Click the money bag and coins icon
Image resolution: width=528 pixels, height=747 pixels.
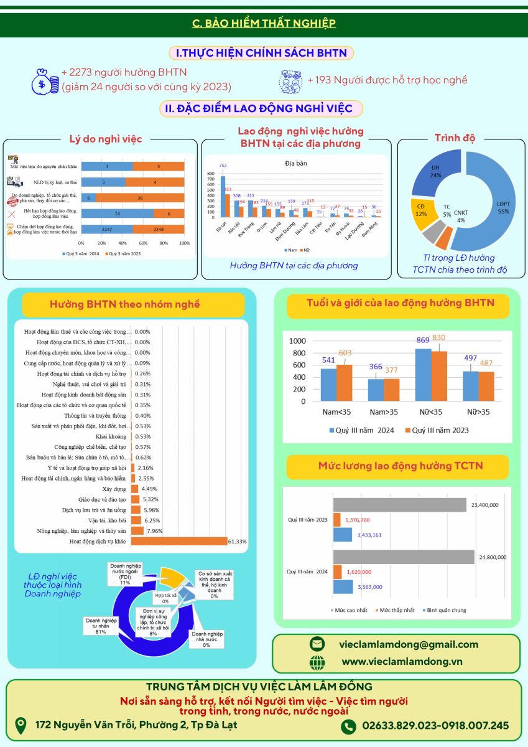[x=45, y=82]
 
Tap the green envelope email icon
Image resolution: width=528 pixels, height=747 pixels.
[x=317, y=644]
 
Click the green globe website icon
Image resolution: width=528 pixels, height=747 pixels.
[x=317, y=662]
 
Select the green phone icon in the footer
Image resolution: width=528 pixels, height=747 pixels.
[x=348, y=726]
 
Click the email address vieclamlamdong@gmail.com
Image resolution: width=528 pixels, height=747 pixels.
[x=409, y=644]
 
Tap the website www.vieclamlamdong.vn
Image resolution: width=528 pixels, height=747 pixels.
[x=402, y=662]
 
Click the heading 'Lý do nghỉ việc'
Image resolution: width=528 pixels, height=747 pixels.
[x=105, y=139]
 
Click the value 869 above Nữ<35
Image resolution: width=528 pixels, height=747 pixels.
[x=424, y=341]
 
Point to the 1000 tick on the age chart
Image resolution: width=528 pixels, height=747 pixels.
[x=297, y=341]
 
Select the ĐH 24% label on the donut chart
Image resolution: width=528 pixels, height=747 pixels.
[x=435, y=171]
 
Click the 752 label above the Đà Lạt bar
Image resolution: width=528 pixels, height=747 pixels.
[x=223, y=166]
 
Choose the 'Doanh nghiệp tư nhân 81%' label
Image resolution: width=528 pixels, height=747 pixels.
[x=101, y=626]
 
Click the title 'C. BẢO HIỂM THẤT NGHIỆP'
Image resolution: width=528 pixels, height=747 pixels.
[x=264, y=24]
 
